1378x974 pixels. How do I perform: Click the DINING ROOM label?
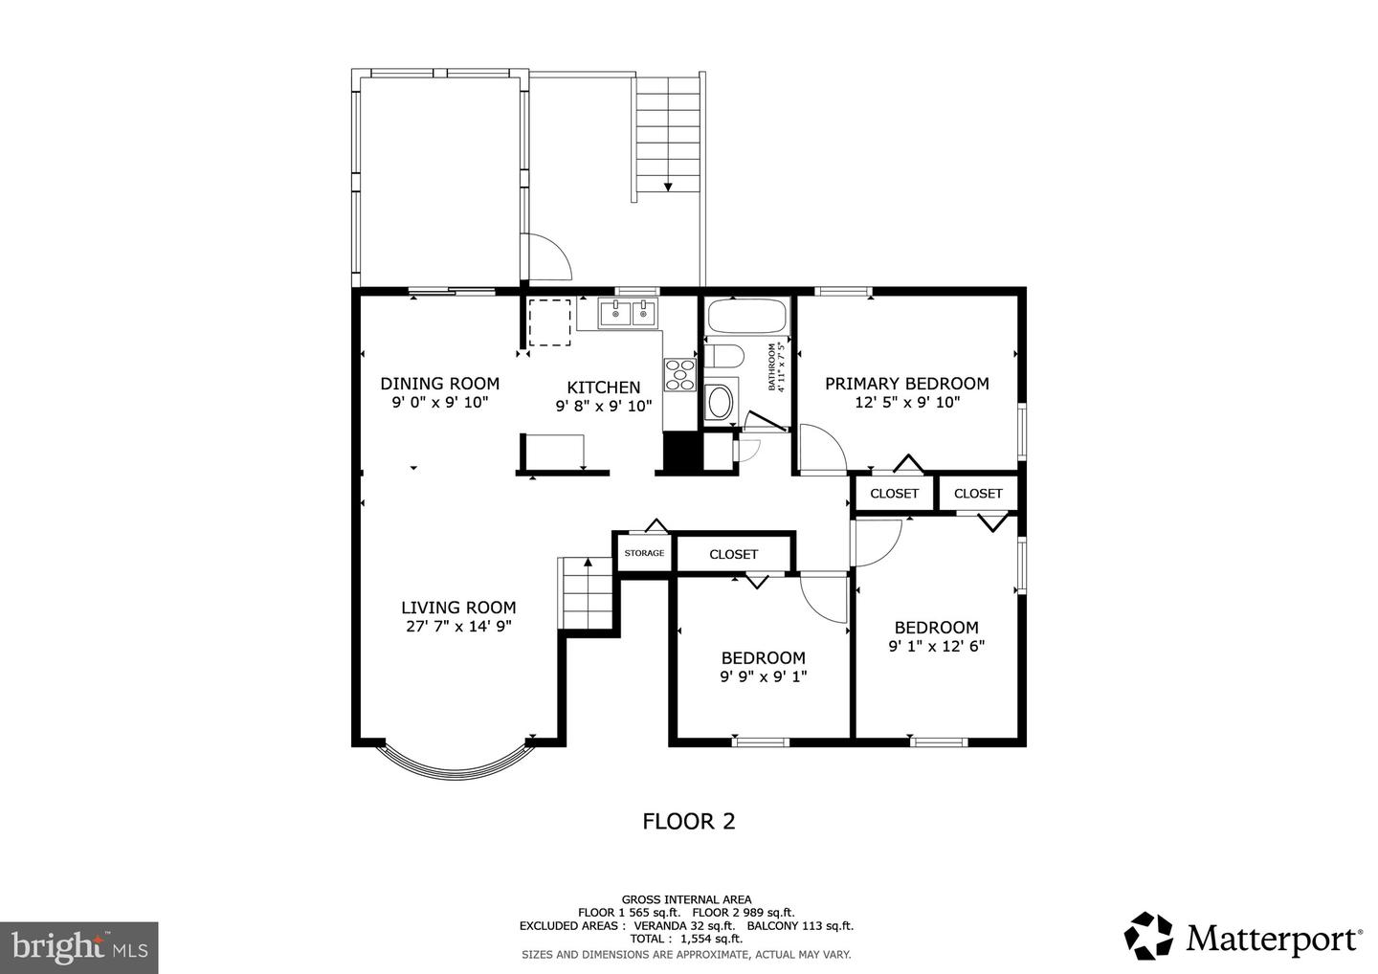click(439, 384)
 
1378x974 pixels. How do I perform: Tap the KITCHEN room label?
click(603, 387)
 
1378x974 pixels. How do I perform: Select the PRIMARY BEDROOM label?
click(906, 384)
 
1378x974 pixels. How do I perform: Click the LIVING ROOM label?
click(457, 608)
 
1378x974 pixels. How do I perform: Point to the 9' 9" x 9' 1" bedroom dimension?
click(763, 676)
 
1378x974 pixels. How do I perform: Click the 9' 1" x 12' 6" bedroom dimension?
click(936, 646)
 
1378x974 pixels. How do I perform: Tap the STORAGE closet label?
click(644, 553)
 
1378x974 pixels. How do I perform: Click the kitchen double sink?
click(630, 312)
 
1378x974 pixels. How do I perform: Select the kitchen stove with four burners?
click(678, 374)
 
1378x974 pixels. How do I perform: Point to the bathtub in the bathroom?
click(745, 315)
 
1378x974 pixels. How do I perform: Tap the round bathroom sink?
click(720, 402)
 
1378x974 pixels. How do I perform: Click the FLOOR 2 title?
click(688, 821)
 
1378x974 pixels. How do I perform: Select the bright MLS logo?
click(78, 947)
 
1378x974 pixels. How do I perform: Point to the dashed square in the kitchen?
click(549, 322)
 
